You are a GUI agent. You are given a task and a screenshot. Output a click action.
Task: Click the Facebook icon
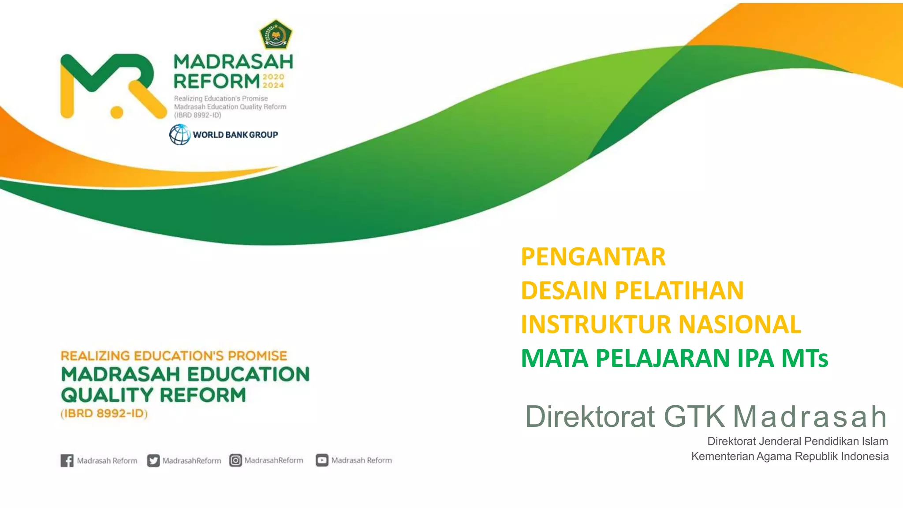pyautogui.click(x=67, y=460)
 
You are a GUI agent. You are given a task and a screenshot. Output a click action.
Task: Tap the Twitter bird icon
pyautogui.click(x=153, y=460)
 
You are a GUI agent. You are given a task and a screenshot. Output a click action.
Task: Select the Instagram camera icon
pyautogui.click(x=235, y=460)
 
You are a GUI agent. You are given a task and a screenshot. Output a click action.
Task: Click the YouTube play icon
pyautogui.click(x=322, y=460)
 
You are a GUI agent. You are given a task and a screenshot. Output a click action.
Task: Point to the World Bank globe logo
pyautogui.click(x=180, y=134)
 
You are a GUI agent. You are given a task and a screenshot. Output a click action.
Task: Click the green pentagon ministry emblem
pyautogui.click(x=276, y=34)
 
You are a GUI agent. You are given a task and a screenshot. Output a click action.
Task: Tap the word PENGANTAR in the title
pyautogui.click(x=593, y=257)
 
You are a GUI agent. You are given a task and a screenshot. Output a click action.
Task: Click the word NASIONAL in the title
pyautogui.click(x=739, y=325)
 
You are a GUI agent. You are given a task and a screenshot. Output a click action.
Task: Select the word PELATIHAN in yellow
pyautogui.click(x=679, y=291)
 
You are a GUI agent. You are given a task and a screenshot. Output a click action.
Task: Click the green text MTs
pyautogui.click(x=805, y=359)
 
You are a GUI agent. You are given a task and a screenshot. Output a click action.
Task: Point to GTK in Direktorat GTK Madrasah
pyautogui.click(x=694, y=416)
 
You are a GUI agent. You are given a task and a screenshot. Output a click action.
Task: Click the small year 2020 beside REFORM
pyautogui.click(x=273, y=77)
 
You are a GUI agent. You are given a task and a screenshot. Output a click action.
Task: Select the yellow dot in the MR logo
pyautogui.click(x=116, y=112)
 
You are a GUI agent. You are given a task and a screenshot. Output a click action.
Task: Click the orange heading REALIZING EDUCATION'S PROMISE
pyautogui.click(x=174, y=356)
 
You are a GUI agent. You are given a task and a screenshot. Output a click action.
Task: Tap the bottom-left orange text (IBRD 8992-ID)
pyautogui.click(x=104, y=414)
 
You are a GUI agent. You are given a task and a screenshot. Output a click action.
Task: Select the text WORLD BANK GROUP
pyautogui.click(x=235, y=135)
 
